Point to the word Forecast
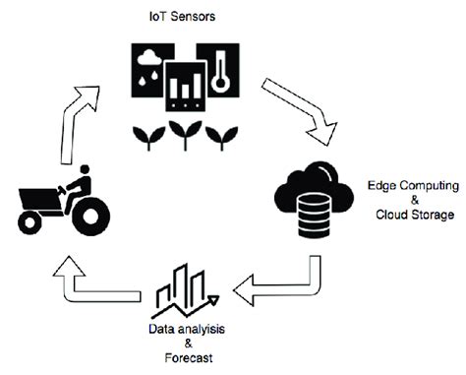188,358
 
